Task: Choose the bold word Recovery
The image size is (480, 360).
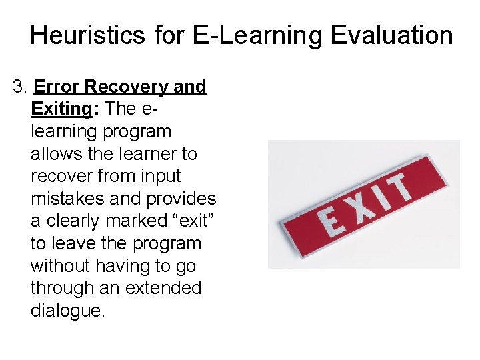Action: pyautogui.click(x=129, y=87)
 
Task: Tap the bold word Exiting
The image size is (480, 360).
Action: pyautogui.click(x=61, y=109)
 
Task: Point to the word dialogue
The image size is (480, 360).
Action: pyautogui.click(x=67, y=311)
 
